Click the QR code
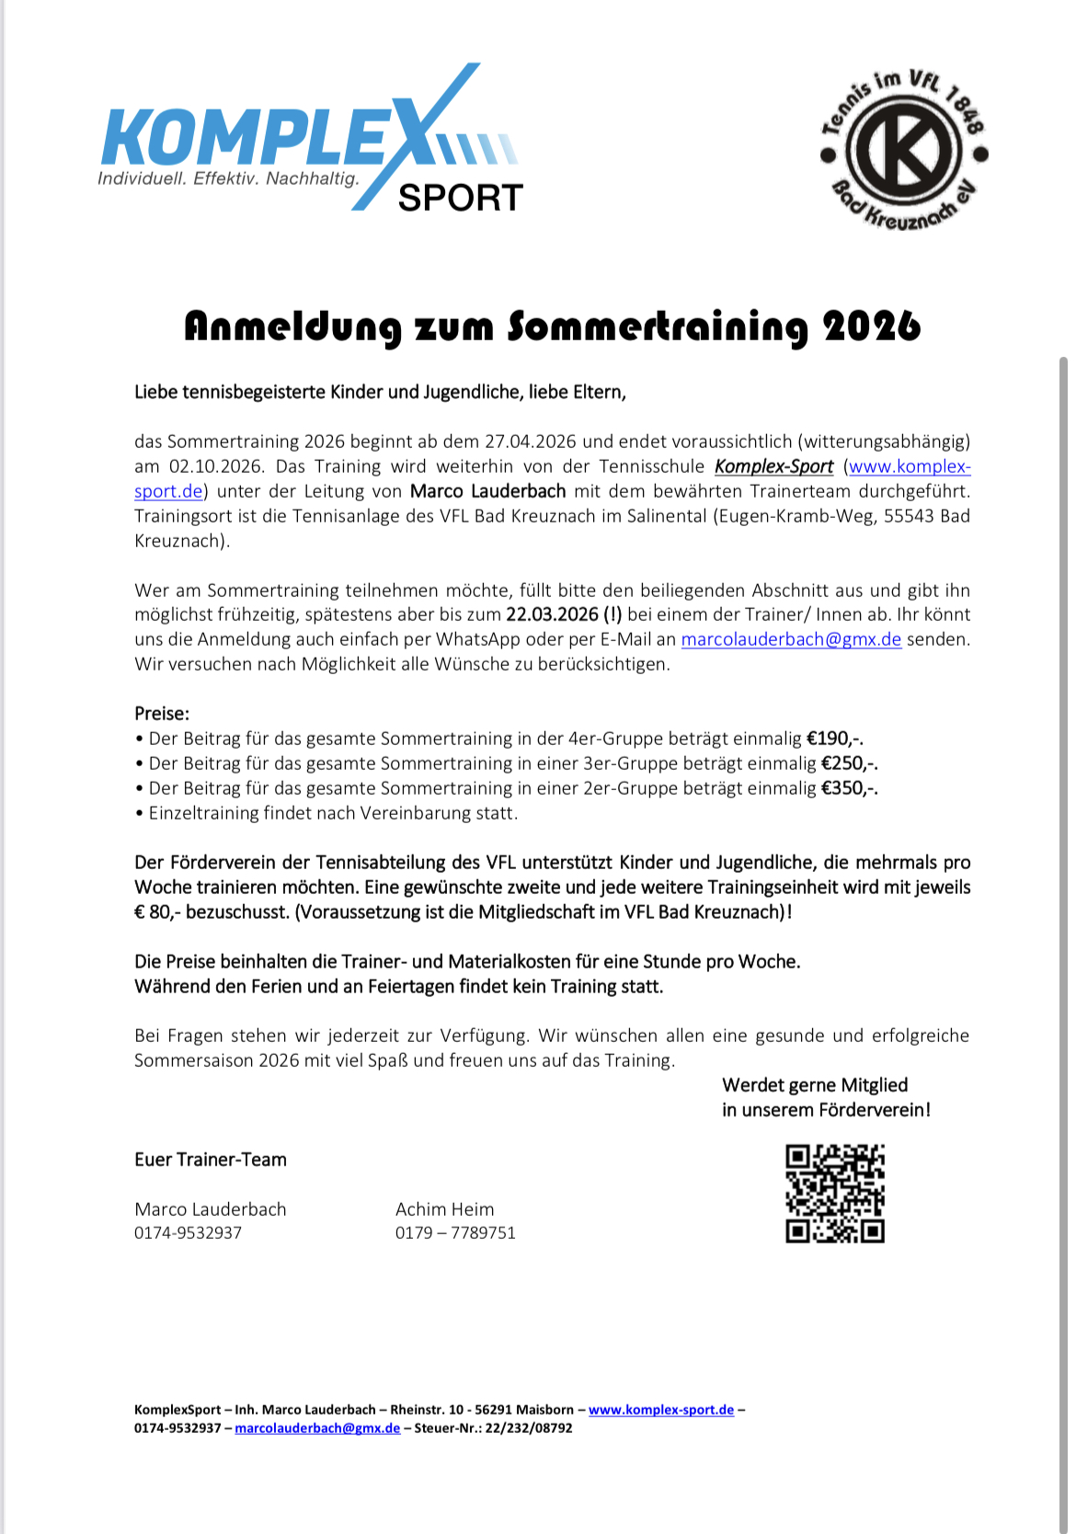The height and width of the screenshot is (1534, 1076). coord(834,1193)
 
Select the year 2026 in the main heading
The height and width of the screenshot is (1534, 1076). coord(871,326)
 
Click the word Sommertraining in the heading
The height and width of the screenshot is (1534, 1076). coord(658,326)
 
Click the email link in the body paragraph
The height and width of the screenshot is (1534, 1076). coord(790,639)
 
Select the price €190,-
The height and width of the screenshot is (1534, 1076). coord(834,738)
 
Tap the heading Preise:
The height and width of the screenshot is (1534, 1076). coord(162,714)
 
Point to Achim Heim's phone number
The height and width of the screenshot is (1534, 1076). coord(455,1233)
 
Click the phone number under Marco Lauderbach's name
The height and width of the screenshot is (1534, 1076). coord(188,1233)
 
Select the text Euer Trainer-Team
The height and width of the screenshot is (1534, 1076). coord(211,1160)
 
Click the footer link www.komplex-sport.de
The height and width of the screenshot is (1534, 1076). coord(660,1410)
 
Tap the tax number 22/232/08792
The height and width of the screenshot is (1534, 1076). coord(528,1428)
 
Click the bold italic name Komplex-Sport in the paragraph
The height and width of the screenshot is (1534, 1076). coord(773,466)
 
